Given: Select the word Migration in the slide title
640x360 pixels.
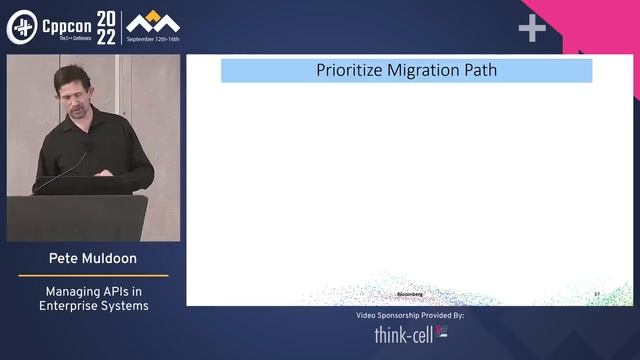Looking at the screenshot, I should point(418,70).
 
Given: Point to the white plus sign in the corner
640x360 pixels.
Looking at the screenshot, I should point(532,29).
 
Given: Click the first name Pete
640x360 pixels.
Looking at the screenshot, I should point(66,258).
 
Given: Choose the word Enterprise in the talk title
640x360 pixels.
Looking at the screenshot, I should point(72,305).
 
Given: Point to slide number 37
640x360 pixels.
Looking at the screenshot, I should point(597,294).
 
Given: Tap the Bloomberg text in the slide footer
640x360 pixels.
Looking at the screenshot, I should point(410,294).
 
